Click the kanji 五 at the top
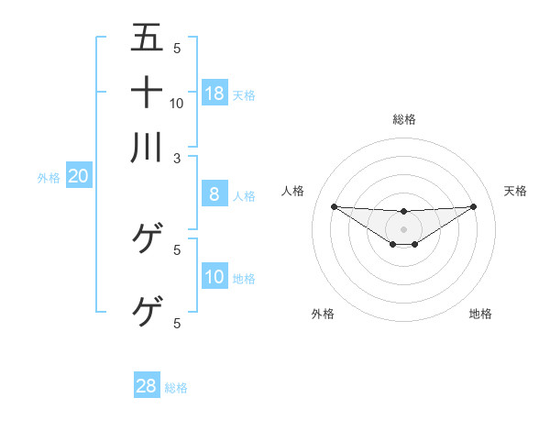(x=147, y=39)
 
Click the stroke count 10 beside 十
(x=177, y=104)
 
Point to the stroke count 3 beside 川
(x=177, y=158)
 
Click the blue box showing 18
(x=214, y=93)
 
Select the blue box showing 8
(x=214, y=193)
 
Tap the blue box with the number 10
(x=214, y=278)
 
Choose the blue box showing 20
(x=78, y=177)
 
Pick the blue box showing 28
(x=146, y=386)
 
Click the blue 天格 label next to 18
(x=244, y=94)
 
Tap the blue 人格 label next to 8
(x=244, y=195)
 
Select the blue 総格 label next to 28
(x=176, y=388)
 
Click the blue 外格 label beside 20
(x=49, y=179)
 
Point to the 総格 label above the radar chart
(x=403, y=119)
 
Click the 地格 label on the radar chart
(x=480, y=314)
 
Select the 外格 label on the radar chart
(x=323, y=314)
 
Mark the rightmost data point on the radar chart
(x=473, y=206)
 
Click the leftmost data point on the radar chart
(x=334, y=206)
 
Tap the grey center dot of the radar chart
(x=403, y=228)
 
